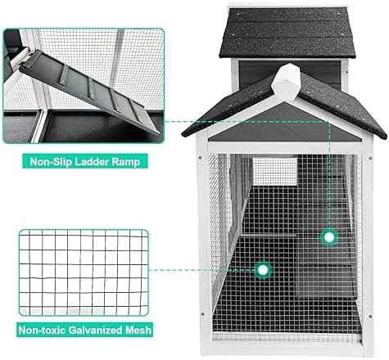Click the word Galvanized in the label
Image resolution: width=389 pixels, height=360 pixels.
(95, 330)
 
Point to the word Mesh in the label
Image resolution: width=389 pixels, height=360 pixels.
(138, 330)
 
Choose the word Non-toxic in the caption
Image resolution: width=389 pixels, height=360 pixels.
(42, 330)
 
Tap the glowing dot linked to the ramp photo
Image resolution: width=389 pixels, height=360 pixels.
(329, 237)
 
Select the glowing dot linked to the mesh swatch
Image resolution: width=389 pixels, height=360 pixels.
(263, 270)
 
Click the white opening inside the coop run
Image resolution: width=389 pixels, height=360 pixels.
(274, 170)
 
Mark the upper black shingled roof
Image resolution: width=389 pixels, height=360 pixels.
(287, 33)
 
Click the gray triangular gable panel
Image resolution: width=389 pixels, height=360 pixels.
(286, 126)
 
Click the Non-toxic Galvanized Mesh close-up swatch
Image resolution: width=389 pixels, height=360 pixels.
(84, 272)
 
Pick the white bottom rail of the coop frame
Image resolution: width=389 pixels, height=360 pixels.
(286, 349)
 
